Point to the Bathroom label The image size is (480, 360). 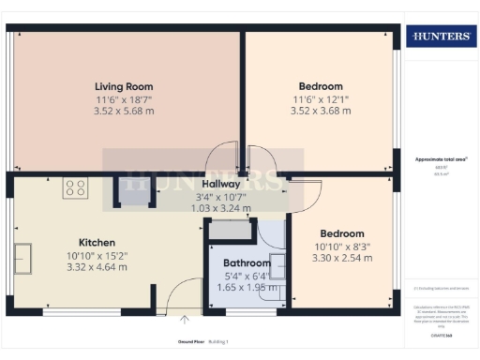(247, 263)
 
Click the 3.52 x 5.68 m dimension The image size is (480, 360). (124, 110)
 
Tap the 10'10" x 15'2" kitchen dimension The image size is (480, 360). (96, 254)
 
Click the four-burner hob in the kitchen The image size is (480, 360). (74, 187)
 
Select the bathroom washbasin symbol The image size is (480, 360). (278, 263)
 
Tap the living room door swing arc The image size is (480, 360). (223, 157)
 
